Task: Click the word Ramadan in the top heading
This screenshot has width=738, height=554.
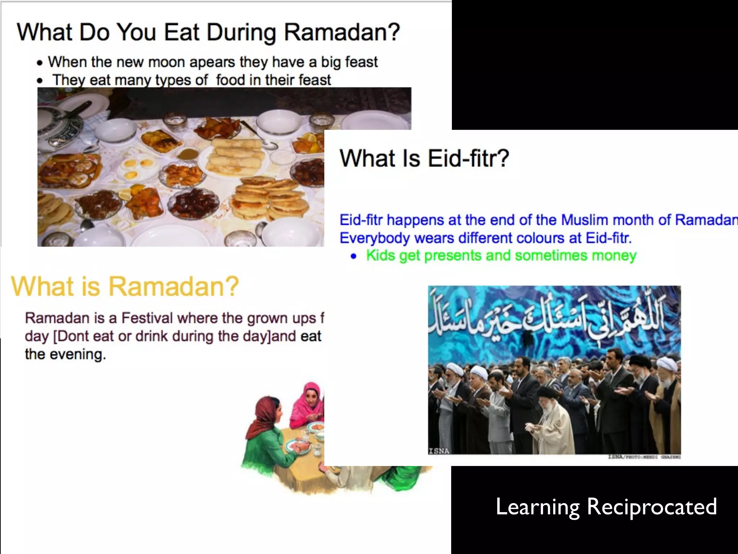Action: (342, 32)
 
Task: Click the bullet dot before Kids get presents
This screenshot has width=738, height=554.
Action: (354, 256)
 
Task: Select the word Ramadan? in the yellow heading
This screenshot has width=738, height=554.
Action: (174, 286)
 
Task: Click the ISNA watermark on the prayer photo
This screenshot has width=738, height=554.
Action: (439, 451)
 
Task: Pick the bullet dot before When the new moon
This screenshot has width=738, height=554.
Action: (40, 63)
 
